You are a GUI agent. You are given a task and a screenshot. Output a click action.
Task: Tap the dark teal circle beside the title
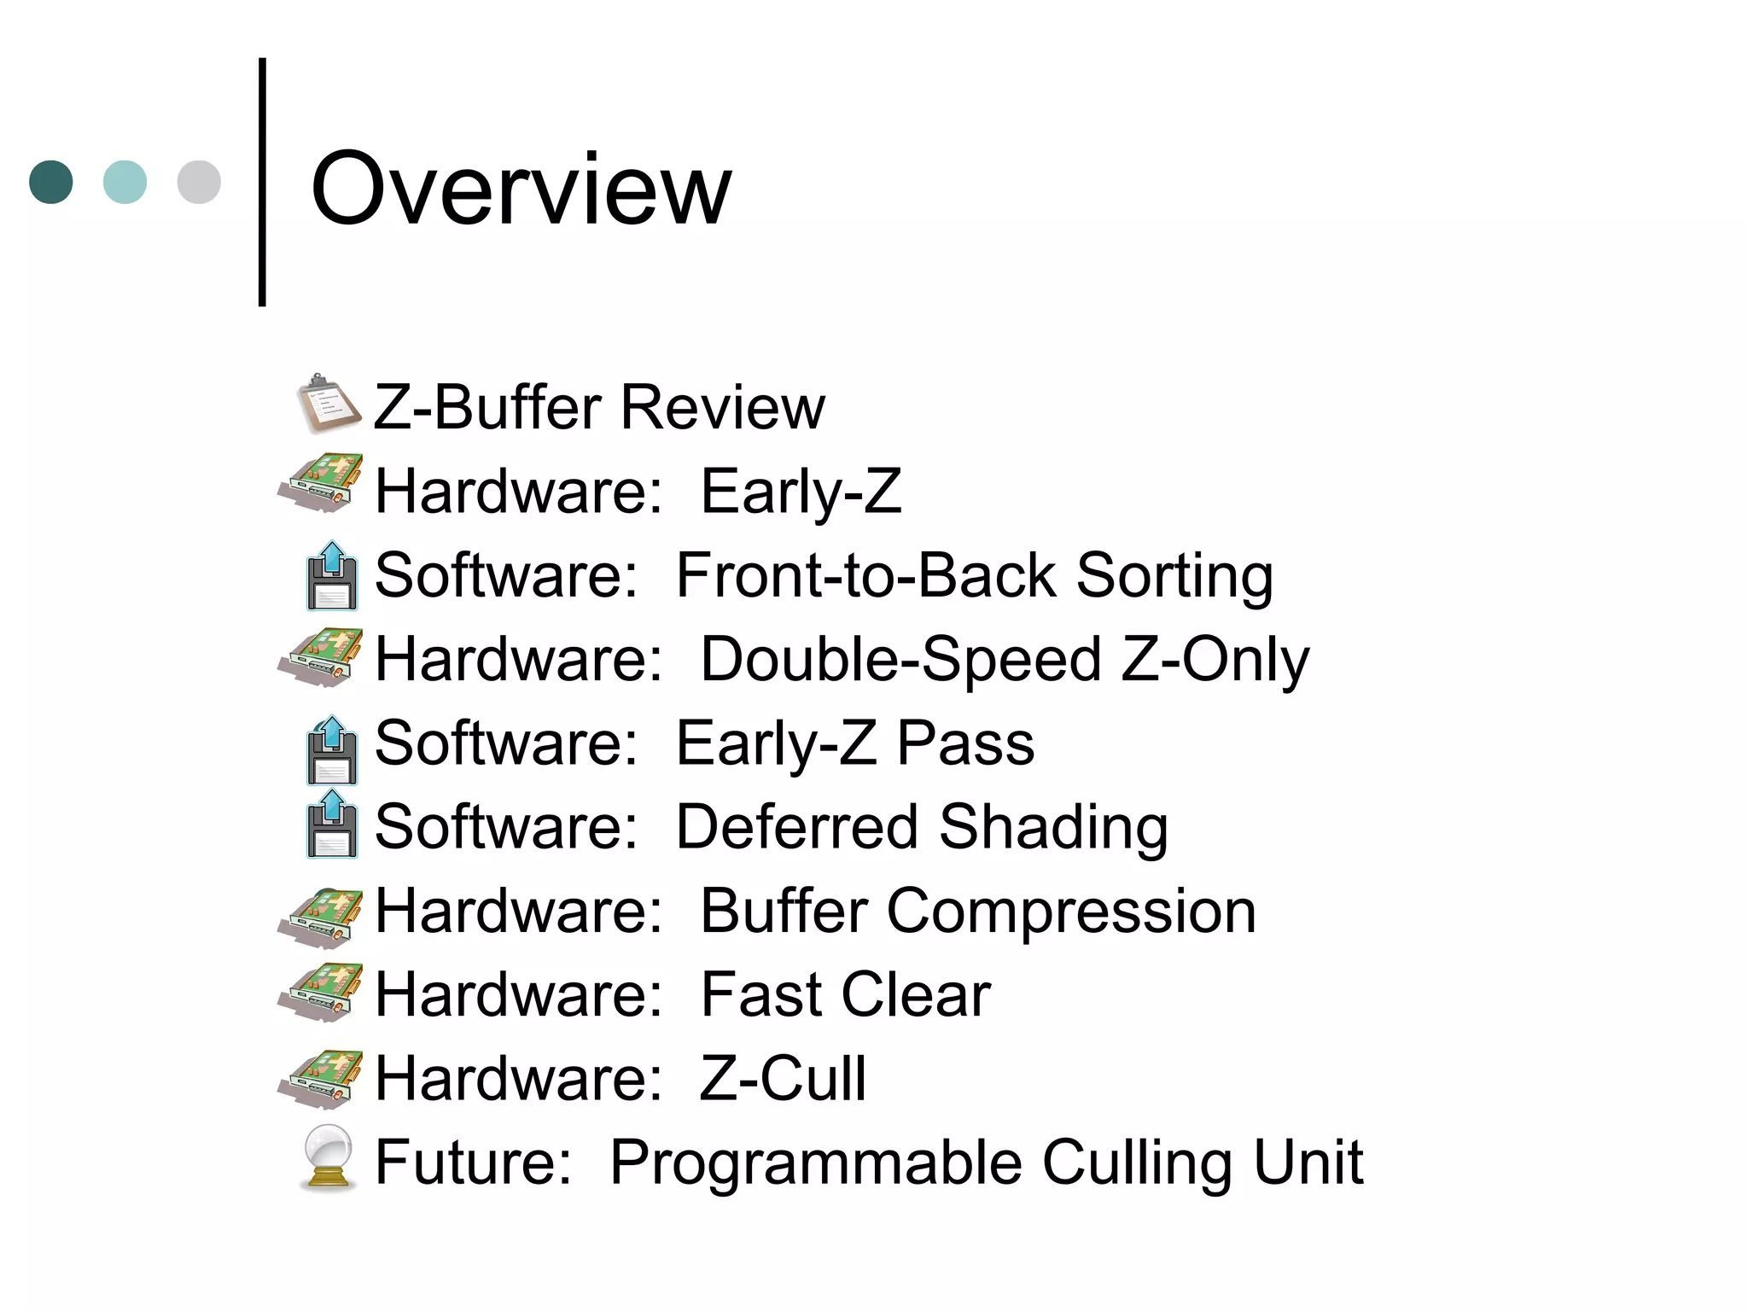[51, 182]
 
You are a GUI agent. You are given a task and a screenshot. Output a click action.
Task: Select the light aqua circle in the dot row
[125, 182]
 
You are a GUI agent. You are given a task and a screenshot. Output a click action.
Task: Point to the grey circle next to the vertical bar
[199, 182]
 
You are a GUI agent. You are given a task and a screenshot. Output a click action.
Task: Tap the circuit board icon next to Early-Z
[321, 484]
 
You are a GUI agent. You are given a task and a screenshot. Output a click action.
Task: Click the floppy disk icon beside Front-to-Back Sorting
[332, 576]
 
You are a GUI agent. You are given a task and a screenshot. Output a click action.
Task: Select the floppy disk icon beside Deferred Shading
[332, 824]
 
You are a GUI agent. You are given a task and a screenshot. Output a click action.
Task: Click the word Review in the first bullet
[723, 407]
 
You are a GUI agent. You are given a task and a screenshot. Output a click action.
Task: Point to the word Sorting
[1174, 577]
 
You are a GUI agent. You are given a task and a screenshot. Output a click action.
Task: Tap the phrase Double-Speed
[900, 660]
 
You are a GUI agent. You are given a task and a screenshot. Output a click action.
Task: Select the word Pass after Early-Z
[965, 743]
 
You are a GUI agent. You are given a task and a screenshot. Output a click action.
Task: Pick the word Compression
[1071, 912]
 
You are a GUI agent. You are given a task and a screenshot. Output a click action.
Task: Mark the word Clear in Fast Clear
[916, 994]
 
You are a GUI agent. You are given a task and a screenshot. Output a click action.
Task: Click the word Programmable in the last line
[815, 1163]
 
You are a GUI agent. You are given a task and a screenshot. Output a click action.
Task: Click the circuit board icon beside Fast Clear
[321, 993]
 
